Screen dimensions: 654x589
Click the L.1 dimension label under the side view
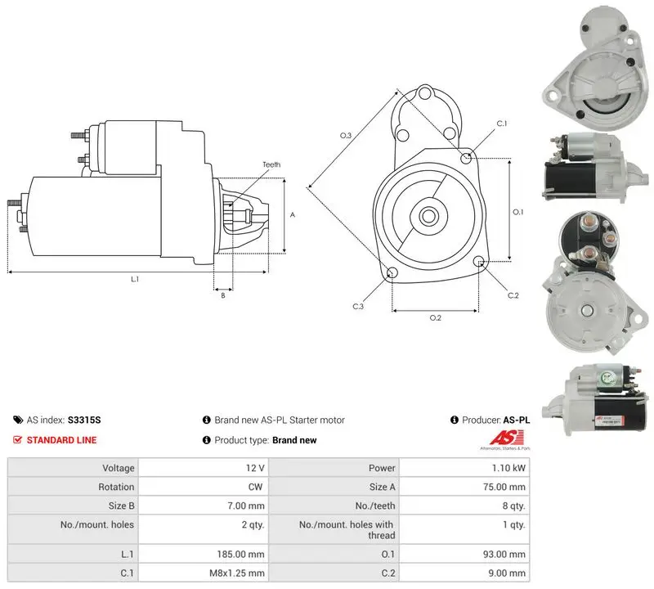coord(135,279)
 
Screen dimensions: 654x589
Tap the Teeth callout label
coord(271,164)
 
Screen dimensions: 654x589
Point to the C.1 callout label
coord(502,124)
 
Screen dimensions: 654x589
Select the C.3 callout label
coord(358,307)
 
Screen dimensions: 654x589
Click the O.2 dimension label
coord(436,318)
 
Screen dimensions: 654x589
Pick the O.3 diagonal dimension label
coord(346,135)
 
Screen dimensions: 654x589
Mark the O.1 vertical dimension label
coord(518,212)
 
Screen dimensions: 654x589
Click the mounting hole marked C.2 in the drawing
coord(479,262)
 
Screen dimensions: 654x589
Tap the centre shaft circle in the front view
coord(428,216)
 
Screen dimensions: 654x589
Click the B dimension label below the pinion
coord(223,295)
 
